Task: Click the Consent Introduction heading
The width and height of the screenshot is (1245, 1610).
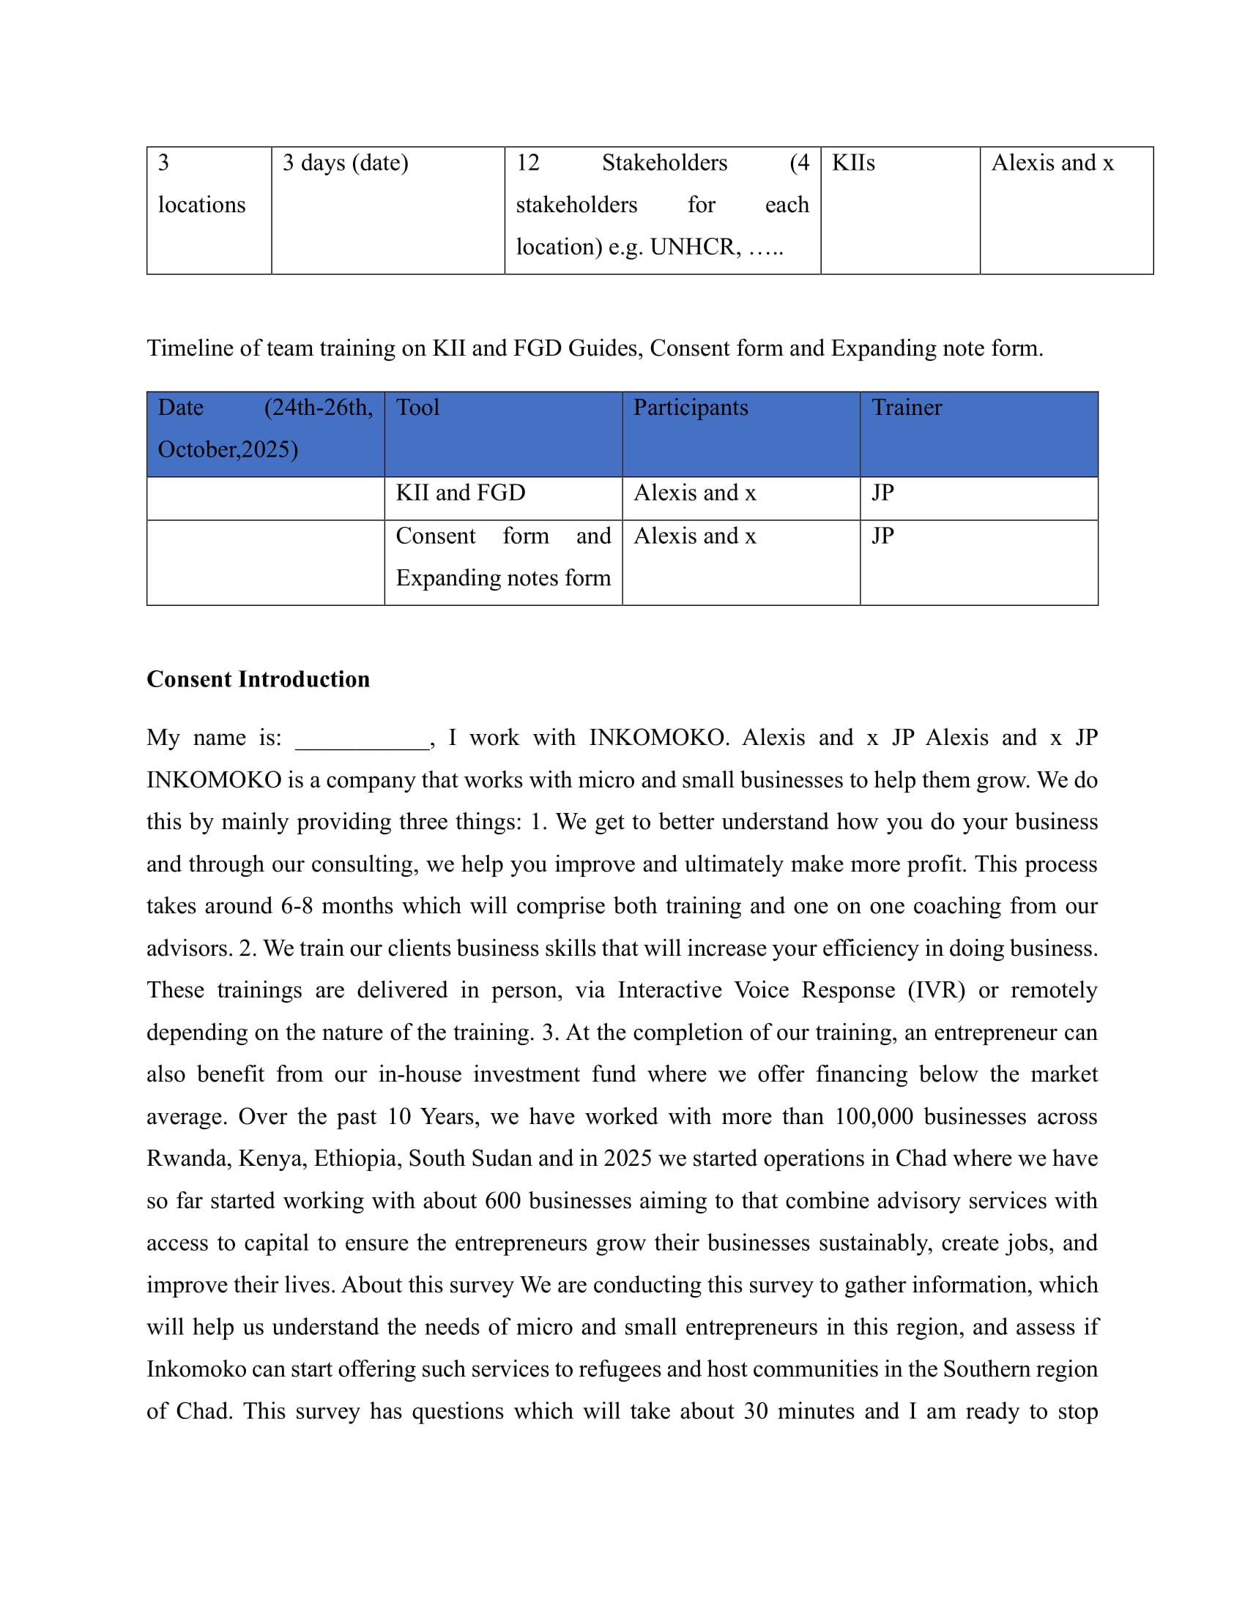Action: coord(258,679)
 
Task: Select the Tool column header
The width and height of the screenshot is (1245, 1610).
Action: coord(417,408)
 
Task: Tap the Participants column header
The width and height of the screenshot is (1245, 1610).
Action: coord(691,408)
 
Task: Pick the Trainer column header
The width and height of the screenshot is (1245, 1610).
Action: coord(907,408)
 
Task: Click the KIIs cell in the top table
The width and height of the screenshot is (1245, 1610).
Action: coord(853,163)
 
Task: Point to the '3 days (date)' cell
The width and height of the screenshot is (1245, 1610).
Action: coord(345,163)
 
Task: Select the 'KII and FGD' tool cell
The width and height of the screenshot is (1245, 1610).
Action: coord(460,493)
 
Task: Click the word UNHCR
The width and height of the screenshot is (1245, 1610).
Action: coord(695,247)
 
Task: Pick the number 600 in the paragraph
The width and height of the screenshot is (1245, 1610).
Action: coord(503,1200)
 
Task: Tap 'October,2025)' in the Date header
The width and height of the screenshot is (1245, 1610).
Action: coord(228,449)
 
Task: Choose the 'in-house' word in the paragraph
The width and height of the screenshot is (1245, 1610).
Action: coord(420,1074)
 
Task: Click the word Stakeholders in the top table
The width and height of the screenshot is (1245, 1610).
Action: coord(664,163)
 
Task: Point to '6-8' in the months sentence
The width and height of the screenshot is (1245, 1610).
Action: coord(297,906)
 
